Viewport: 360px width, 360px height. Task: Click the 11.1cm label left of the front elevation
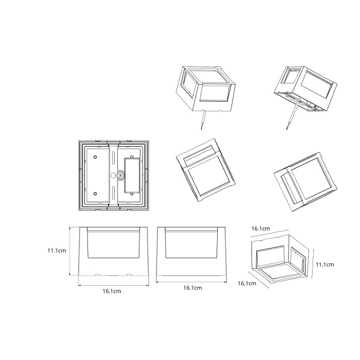[x=57, y=250]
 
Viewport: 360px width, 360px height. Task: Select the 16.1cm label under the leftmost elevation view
[x=111, y=291]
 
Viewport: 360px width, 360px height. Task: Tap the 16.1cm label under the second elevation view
[x=193, y=287]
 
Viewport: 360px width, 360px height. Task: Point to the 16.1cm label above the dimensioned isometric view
[x=261, y=229]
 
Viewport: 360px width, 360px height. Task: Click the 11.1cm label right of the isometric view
[x=325, y=265]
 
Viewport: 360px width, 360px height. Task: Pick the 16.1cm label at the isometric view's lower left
[x=247, y=283]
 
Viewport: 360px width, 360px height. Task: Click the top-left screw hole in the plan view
[x=95, y=157]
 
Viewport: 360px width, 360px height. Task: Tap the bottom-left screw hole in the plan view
[x=95, y=194]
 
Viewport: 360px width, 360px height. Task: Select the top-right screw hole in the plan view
[x=132, y=157]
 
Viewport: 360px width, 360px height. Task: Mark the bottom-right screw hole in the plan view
[x=132, y=194]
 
